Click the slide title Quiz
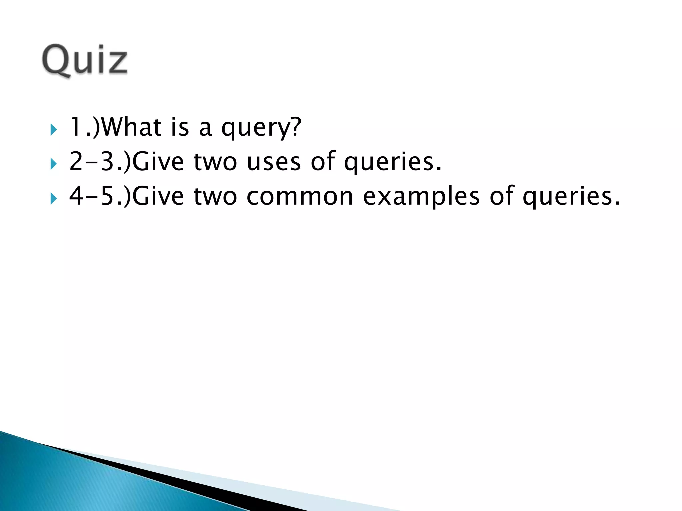point(85,61)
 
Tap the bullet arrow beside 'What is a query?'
point(53,129)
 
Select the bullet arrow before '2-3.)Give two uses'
point(53,164)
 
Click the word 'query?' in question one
point(261,128)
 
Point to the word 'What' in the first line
point(132,127)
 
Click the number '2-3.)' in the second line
point(100,162)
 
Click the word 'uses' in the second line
point(274,162)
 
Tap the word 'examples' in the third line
point(421,197)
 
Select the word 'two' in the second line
point(215,162)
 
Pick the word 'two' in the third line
point(215,197)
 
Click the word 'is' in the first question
point(180,127)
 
